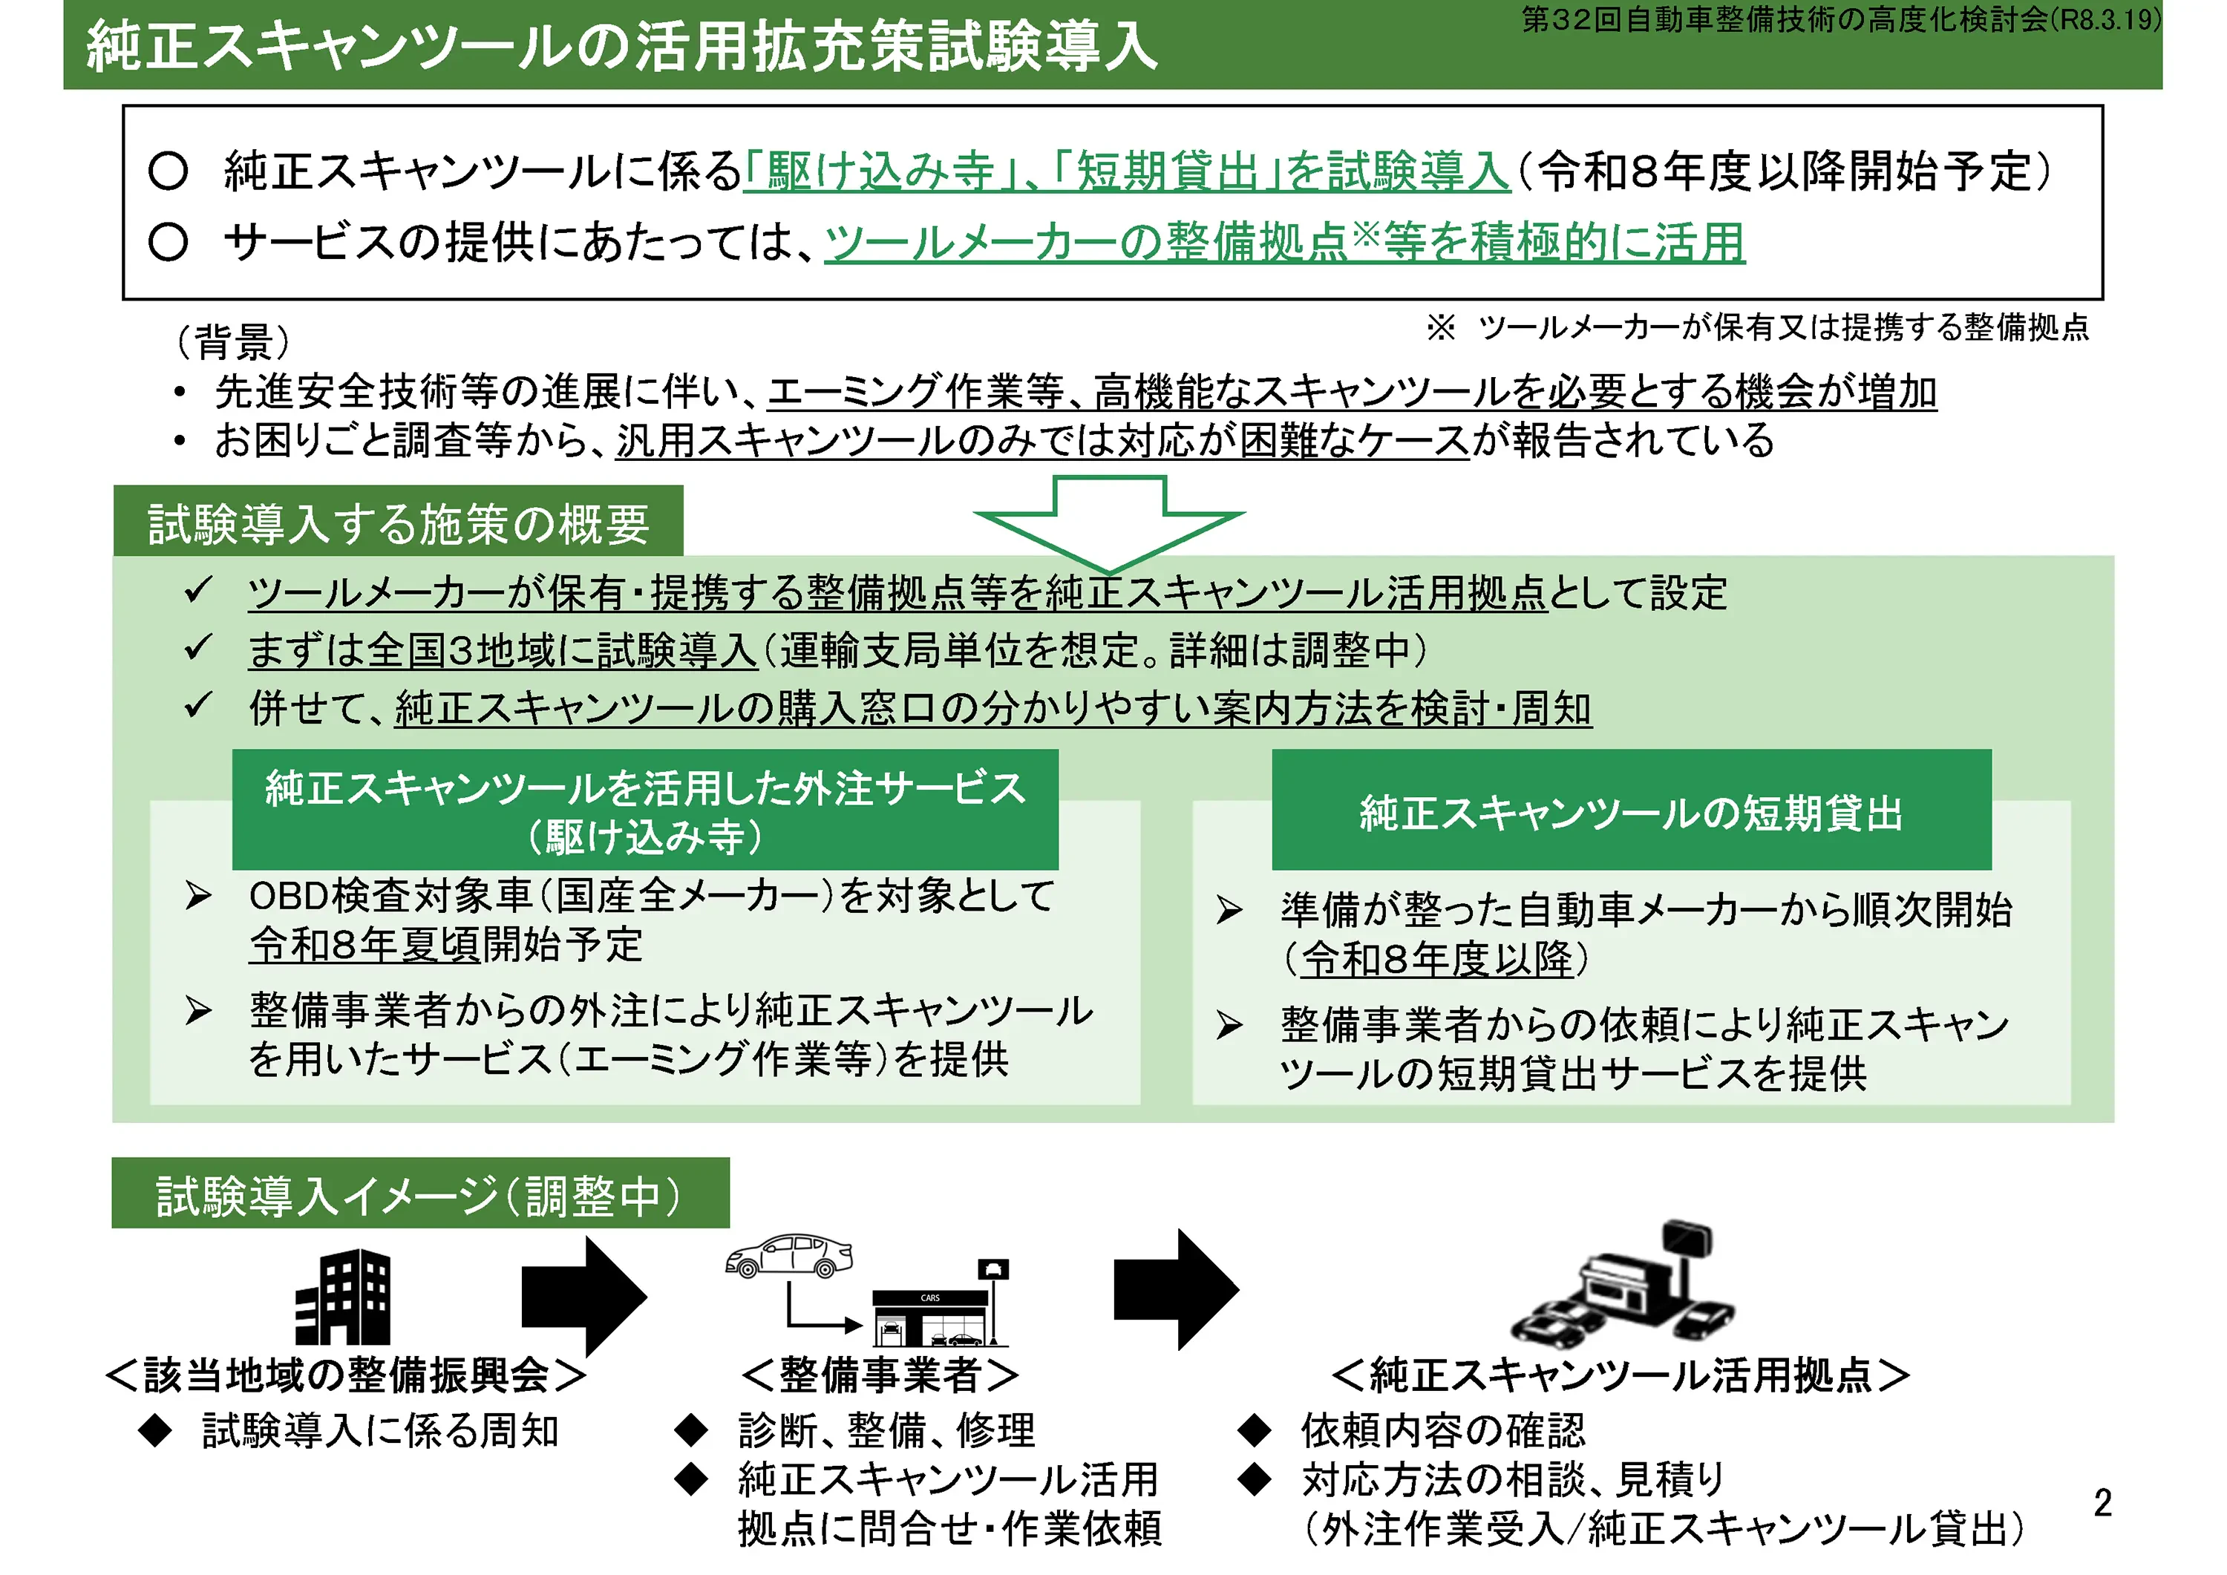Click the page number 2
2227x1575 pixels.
click(x=2102, y=1503)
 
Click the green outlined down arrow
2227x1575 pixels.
click(x=1108, y=524)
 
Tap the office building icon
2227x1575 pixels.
click(x=344, y=1297)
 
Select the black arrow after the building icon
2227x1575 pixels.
click(x=583, y=1297)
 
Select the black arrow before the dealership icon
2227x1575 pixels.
click(x=1176, y=1290)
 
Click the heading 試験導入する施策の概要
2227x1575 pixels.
click(x=398, y=525)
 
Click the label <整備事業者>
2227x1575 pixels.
click(x=880, y=1375)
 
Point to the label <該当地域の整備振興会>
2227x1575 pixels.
click(x=345, y=1375)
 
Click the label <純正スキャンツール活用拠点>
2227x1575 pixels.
click(x=1621, y=1375)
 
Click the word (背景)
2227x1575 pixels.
click(x=233, y=341)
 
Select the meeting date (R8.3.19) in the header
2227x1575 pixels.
click(x=2106, y=19)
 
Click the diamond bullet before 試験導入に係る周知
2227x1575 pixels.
click(x=155, y=1430)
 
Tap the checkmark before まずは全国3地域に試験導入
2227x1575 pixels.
click(x=199, y=647)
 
